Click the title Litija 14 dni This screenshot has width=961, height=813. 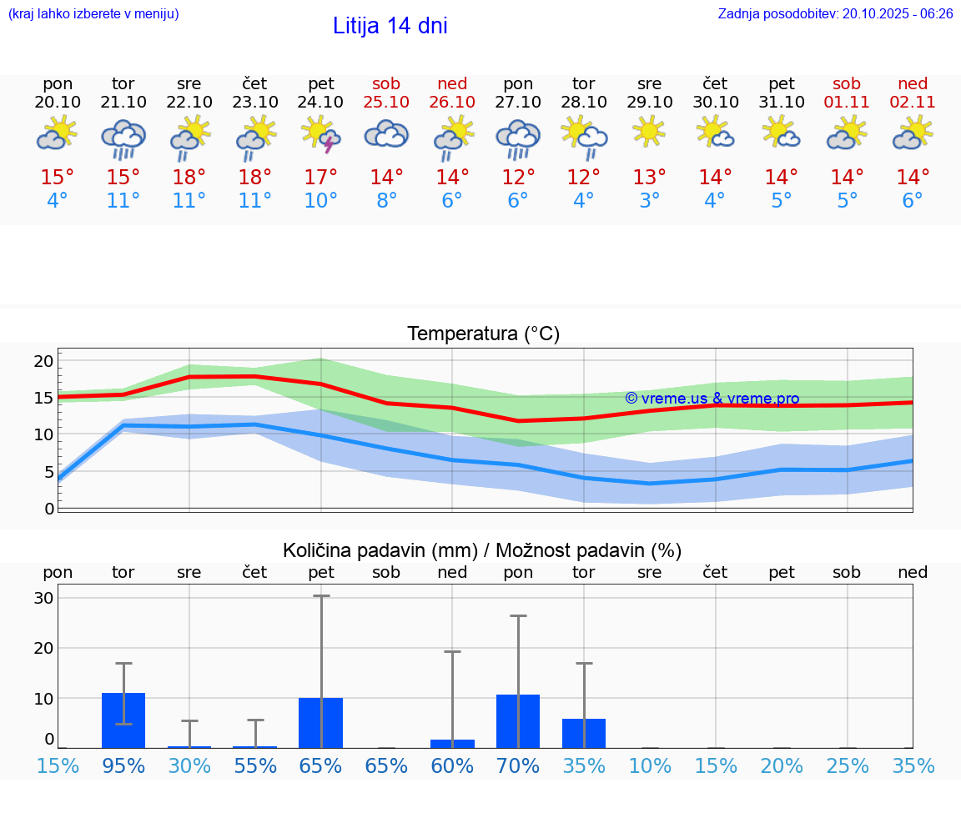coord(390,26)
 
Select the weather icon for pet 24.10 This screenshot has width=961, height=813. coord(321,134)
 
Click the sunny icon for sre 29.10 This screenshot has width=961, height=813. coord(649,132)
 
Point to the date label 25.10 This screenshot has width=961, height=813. coord(386,102)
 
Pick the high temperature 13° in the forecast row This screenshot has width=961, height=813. coord(649,177)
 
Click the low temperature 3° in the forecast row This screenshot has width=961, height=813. coord(649,201)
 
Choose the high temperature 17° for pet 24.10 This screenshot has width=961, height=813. coord(321,177)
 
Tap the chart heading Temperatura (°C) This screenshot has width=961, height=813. coord(483,334)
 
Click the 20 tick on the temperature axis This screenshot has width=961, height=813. coord(43,361)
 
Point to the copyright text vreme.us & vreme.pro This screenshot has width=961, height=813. coord(712,399)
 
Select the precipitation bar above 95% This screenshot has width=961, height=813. coord(123,720)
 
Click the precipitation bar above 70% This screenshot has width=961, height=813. coord(518,721)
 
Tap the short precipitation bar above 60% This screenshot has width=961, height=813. coord(452,744)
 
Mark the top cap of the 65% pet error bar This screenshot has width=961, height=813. coord(321,595)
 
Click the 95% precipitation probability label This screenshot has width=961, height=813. coord(123,765)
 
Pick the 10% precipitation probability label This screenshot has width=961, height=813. coord(649,765)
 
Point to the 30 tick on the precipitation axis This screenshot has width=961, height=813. coord(43,598)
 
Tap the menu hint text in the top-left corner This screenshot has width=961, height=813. coord(93,13)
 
